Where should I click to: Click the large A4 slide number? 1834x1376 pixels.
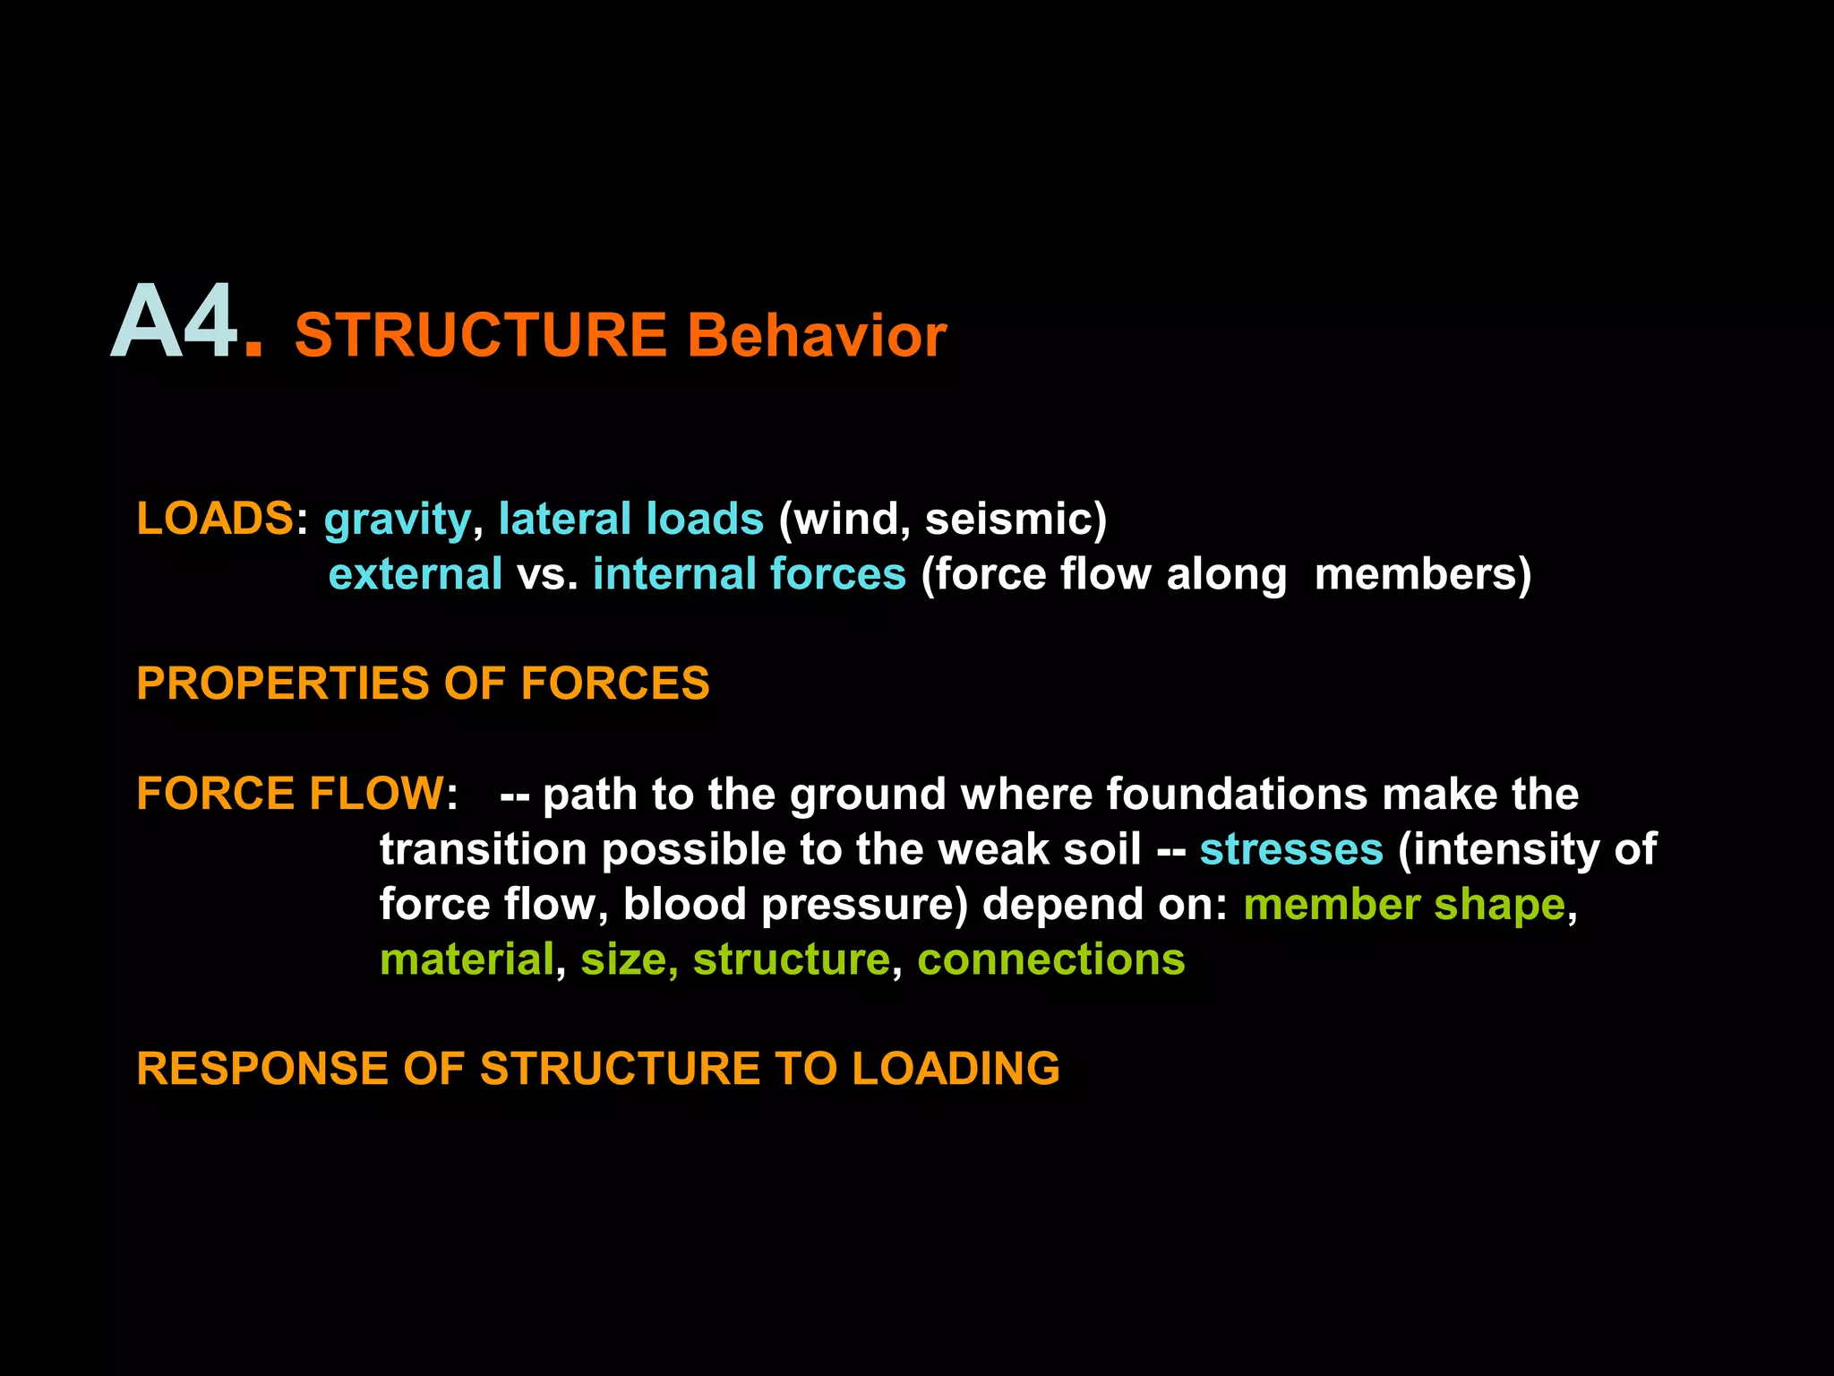pyautogui.click(x=176, y=322)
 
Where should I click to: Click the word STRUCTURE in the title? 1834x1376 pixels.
pyautogui.click(x=480, y=336)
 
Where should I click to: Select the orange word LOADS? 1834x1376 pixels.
pyautogui.click(x=214, y=519)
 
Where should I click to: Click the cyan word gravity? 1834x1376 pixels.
pyautogui.click(x=397, y=520)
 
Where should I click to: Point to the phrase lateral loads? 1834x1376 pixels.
pyautogui.click(x=630, y=519)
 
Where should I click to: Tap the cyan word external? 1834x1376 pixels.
pyautogui.click(x=416, y=574)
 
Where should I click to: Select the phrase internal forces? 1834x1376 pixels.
pyautogui.click(x=749, y=574)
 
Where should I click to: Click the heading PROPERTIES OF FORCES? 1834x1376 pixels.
pyautogui.click(x=423, y=684)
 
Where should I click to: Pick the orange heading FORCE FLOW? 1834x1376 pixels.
pyautogui.click(x=289, y=794)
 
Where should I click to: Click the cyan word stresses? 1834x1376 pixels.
pyautogui.click(x=1290, y=849)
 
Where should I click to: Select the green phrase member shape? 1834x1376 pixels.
pyautogui.click(x=1403, y=905)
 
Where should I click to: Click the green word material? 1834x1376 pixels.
pyautogui.click(x=467, y=959)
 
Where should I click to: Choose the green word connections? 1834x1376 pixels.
pyautogui.click(x=1050, y=959)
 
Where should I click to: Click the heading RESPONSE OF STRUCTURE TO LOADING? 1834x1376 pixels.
pyautogui.click(x=597, y=1069)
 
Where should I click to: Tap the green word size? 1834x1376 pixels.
pyautogui.click(x=623, y=959)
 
